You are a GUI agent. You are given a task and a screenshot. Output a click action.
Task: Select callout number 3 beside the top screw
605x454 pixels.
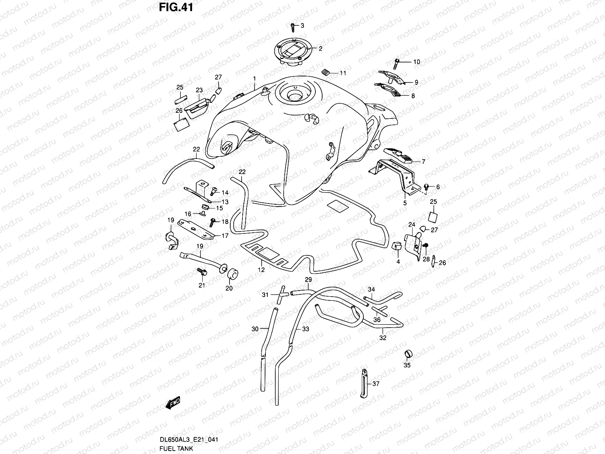(x=302, y=25)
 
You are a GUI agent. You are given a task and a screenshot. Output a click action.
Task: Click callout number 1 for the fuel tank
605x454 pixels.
(x=254, y=79)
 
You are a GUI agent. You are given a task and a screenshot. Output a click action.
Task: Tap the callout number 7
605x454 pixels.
(x=423, y=162)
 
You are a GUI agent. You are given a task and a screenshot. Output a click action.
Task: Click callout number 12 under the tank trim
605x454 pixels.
(x=261, y=270)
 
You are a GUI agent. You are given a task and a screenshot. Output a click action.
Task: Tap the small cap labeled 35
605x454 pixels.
(x=408, y=354)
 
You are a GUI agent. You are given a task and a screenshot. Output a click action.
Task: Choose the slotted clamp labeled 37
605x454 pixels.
(x=364, y=383)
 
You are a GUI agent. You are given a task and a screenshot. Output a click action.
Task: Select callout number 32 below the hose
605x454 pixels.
(x=383, y=338)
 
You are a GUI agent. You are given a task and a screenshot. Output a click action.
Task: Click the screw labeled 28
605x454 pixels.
(x=425, y=246)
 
